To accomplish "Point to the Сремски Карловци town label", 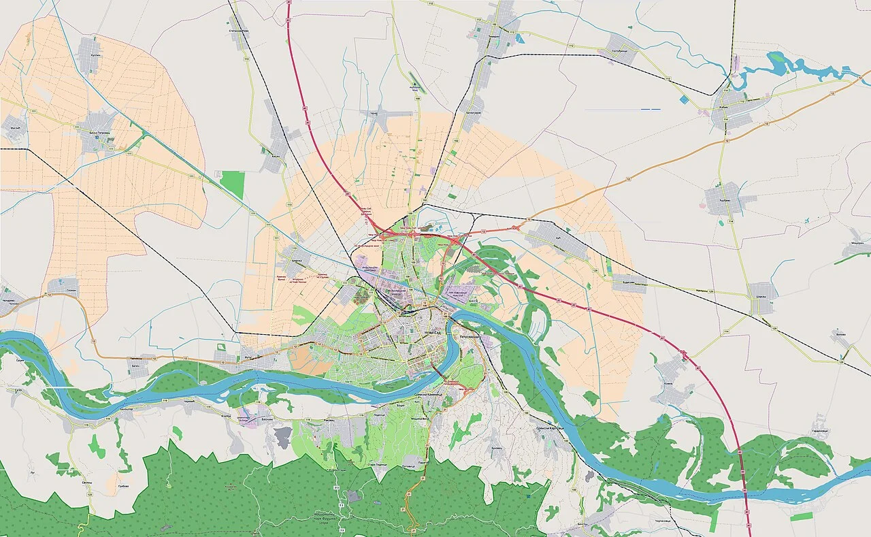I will pos(550,427).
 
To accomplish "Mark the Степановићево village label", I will pos(239,31).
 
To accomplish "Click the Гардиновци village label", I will pos(820,431).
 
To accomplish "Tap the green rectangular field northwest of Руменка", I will pos(233,184).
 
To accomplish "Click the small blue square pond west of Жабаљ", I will pos(683,99).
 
